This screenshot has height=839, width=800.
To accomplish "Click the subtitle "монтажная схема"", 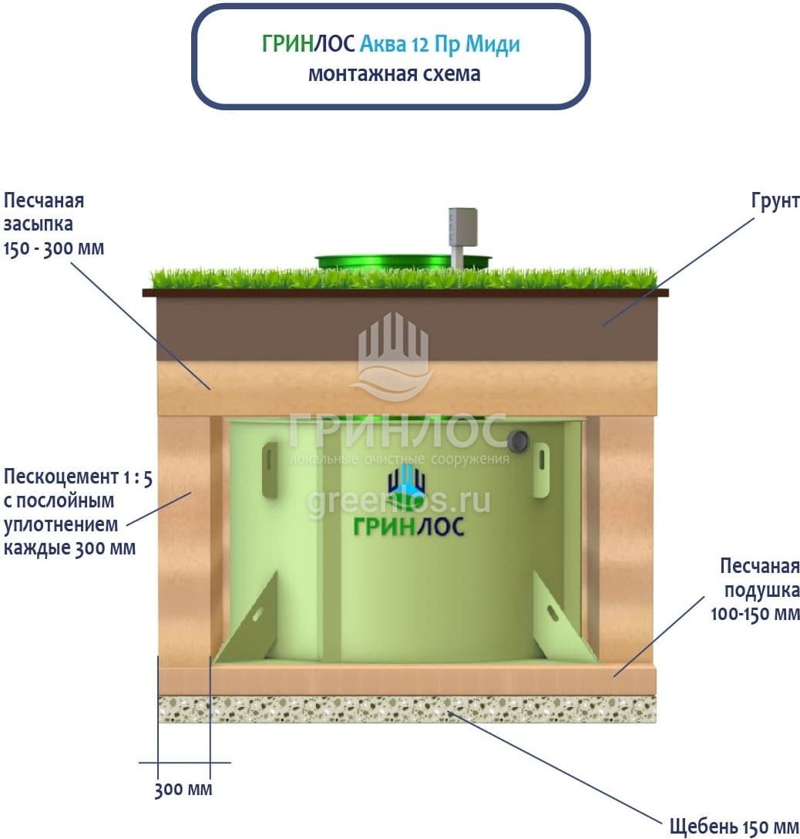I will pyautogui.click(x=394, y=74).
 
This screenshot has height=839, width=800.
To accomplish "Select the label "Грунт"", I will pyautogui.click(x=775, y=201).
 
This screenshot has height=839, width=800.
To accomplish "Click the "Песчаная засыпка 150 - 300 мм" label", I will pyautogui.click(x=53, y=224).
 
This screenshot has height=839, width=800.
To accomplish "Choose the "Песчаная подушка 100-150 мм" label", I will pyautogui.click(x=759, y=590).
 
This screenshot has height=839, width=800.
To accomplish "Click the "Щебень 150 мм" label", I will pyautogui.click(x=734, y=827).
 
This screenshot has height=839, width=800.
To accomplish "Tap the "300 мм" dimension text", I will pyautogui.click(x=183, y=790).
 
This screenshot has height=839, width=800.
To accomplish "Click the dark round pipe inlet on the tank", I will pyautogui.click(x=518, y=440).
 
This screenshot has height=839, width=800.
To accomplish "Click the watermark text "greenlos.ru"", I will pyautogui.click(x=398, y=501).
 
